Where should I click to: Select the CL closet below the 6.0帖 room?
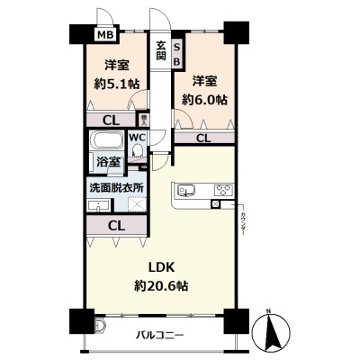coord(203,138)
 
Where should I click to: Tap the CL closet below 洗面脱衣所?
coord(114,226)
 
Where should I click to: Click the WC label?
coord(138,138)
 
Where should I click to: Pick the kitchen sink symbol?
coord(188,190)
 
